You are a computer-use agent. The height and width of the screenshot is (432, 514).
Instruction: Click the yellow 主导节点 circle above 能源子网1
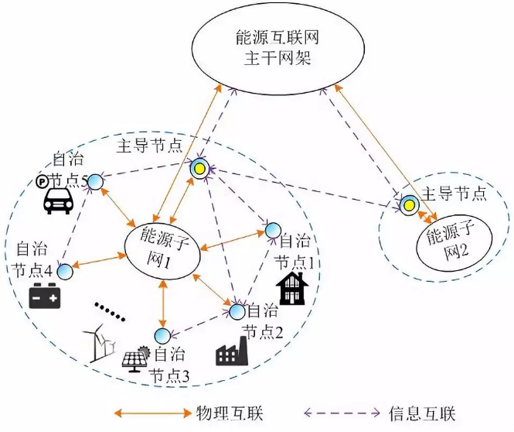(x=199, y=168)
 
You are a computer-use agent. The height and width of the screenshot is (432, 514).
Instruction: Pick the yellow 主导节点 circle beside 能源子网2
(x=407, y=204)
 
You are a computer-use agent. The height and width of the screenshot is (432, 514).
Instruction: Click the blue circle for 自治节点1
(x=272, y=230)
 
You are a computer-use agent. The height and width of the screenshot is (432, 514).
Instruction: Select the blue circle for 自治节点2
(x=237, y=311)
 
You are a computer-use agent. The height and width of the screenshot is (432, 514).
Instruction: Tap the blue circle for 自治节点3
(x=162, y=336)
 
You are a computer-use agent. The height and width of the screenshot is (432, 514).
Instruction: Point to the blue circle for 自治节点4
(x=64, y=271)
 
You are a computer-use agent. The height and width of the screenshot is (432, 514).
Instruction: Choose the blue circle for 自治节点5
(x=95, y=182)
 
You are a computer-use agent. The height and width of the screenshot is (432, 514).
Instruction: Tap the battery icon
(x=45, y=297)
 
